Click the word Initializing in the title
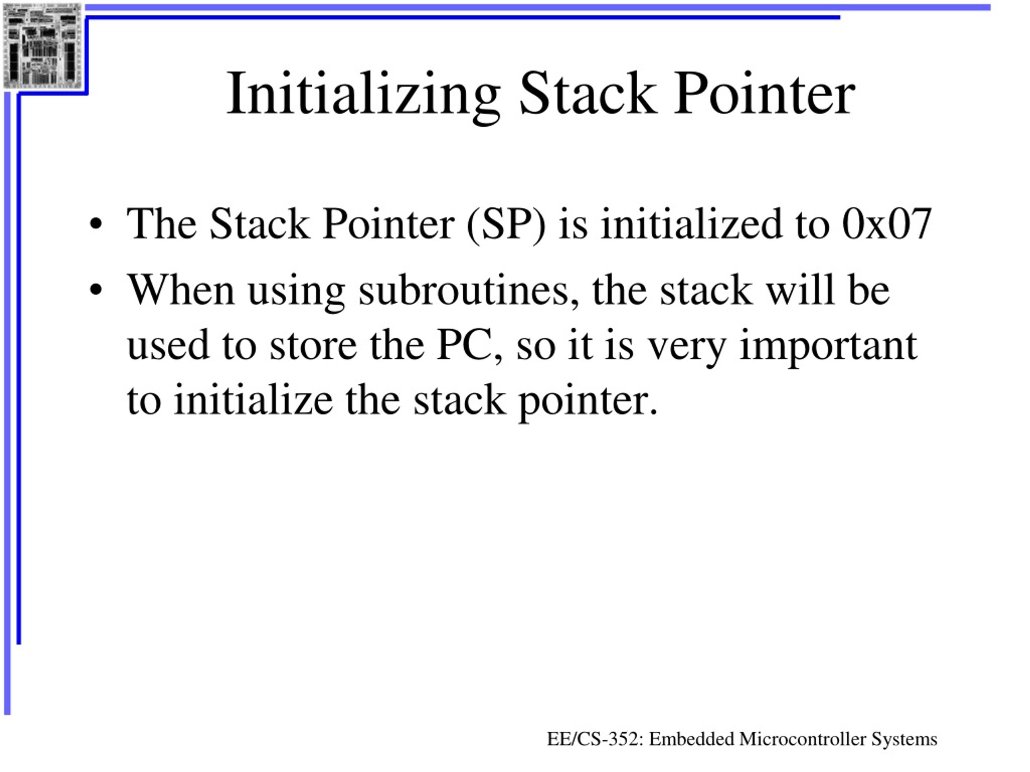point(363,94)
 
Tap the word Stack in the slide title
point(588,94)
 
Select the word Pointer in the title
point(764,94)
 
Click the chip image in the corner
point(42,45)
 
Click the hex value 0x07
point(887,224)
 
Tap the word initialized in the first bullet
point(692,224)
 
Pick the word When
point(181,290)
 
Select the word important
point(828,347)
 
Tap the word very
point(687,347)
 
